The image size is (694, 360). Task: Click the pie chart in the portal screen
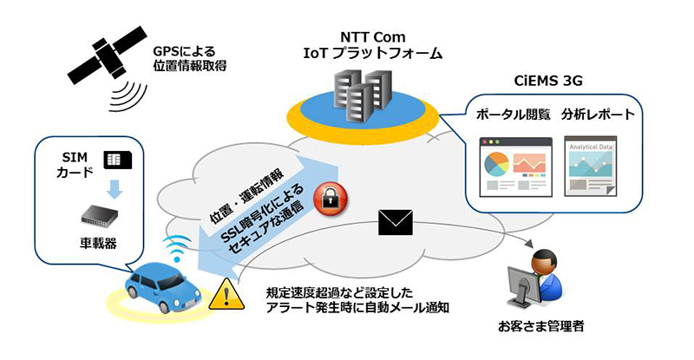[x=494, y=162]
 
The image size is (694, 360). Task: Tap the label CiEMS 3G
[x=544, y=82]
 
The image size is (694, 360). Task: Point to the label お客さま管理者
[x=534, y=328]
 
